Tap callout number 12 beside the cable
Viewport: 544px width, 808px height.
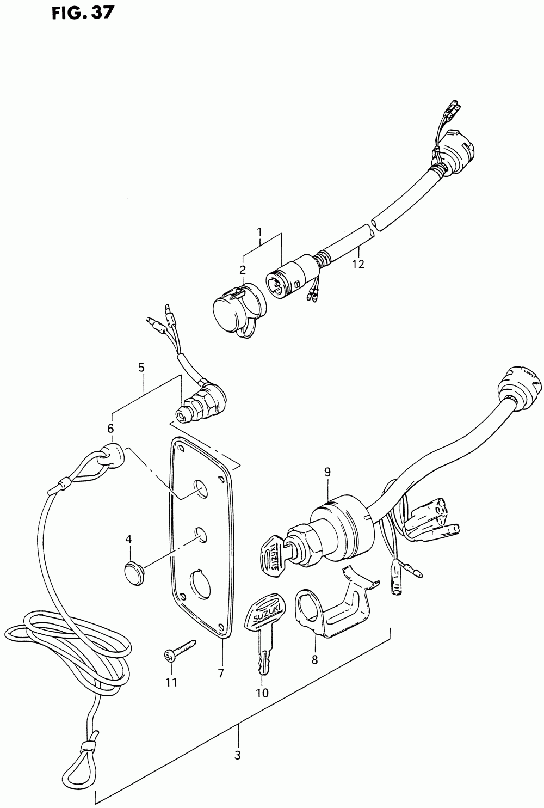point(358,265)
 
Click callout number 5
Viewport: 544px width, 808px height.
point(141,368)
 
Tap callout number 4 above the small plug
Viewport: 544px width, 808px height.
point(128,540)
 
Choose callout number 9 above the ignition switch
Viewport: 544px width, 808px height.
point(327,473)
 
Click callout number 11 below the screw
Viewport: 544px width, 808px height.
point(172,682)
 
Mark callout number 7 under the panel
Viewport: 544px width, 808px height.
point(221,674)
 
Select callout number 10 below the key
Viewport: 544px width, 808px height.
point(262,693)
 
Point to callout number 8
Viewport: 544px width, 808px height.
point(314,660)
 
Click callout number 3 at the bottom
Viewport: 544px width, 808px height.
point(237,756)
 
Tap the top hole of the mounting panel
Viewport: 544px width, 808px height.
point(201,489)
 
